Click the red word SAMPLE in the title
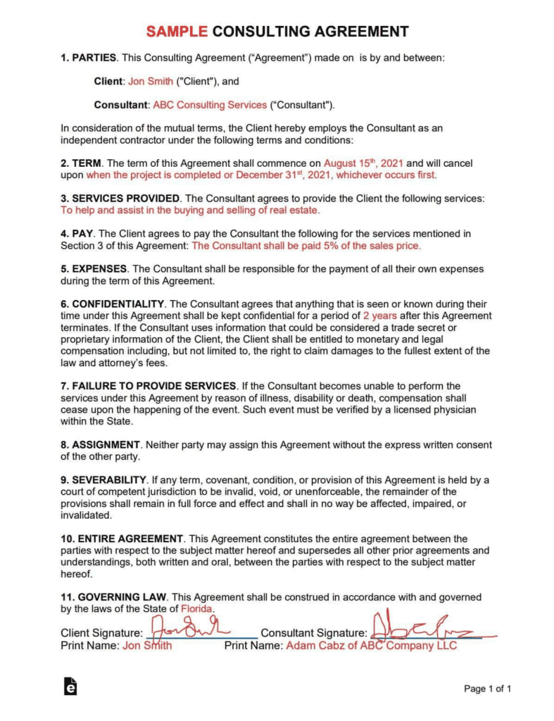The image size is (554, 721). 176,31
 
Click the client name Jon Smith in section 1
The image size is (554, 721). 150,81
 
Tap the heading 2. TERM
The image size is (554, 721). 82,163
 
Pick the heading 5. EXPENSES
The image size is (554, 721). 94,268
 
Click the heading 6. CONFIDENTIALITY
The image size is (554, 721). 113,303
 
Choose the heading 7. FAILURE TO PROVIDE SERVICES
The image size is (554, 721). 149,386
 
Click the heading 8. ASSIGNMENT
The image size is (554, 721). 101,445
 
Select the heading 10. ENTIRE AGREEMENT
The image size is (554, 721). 122,539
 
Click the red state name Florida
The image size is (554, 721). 197,608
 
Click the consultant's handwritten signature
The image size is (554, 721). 422,627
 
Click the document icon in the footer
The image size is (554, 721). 70,687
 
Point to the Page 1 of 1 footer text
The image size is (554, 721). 487,689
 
